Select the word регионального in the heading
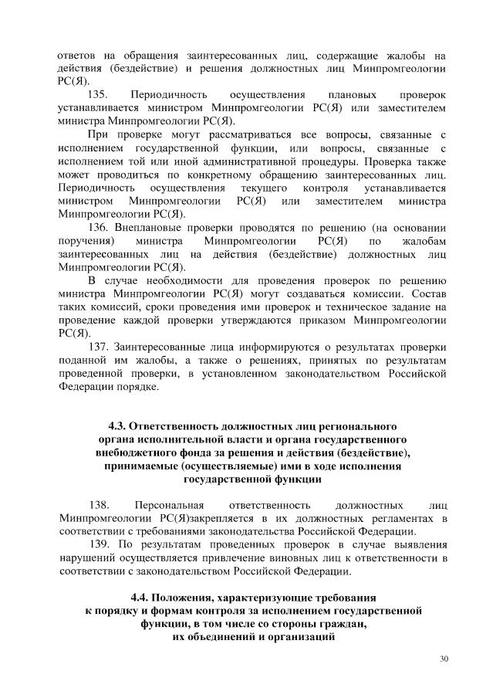click(x=355, y=426)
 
